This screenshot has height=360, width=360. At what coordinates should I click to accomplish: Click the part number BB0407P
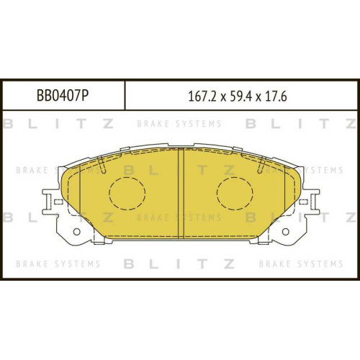pos(63,96)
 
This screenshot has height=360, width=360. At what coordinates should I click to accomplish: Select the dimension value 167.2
pos(202,97)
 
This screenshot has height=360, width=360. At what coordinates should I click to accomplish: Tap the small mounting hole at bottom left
pos(76,232)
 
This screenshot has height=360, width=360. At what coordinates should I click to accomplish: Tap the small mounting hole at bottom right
pos(285,232)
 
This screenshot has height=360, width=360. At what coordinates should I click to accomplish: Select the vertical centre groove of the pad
pos(181,193)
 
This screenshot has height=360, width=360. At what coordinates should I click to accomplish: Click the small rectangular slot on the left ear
pos(58,202)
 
